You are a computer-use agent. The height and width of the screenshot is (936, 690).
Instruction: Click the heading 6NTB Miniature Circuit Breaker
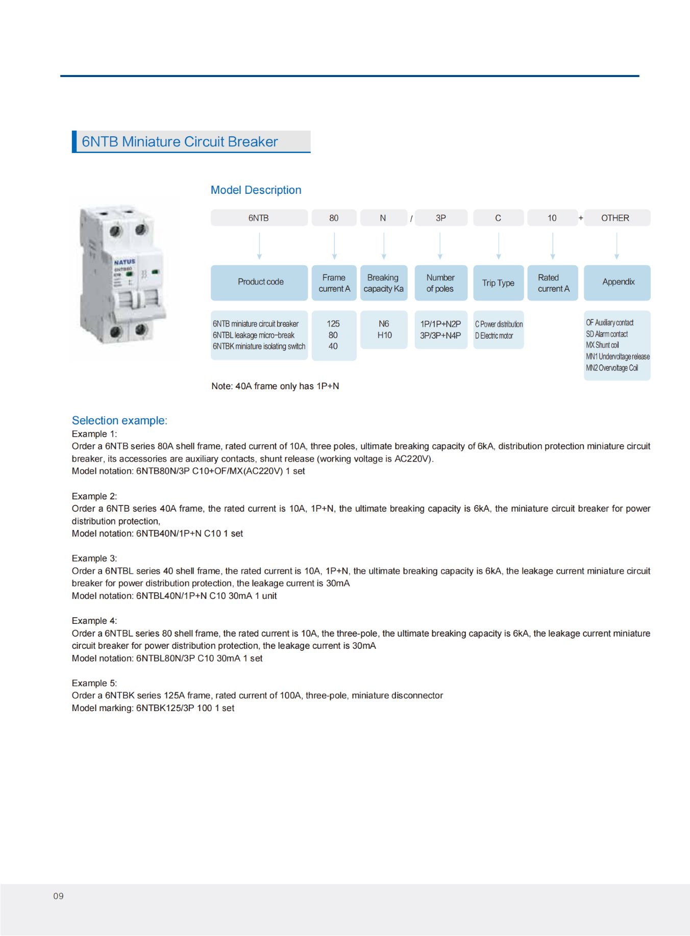point(180,142)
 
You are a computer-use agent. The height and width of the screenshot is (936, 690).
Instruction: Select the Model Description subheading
point(256,190)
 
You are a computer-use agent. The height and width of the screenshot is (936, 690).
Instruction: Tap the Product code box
point(260,282)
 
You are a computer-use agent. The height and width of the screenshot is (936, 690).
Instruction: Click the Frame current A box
point(334,283)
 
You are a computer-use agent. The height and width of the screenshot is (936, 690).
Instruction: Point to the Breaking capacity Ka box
point(384,283)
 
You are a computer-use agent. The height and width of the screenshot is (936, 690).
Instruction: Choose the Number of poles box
point(440,283)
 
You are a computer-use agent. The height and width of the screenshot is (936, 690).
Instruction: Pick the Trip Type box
point(498,283)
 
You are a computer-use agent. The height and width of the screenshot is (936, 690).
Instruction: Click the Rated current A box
point(553,283)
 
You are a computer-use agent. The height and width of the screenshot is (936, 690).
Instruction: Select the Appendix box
point(618,282)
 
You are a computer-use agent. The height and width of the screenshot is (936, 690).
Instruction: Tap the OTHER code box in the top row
point(615,218)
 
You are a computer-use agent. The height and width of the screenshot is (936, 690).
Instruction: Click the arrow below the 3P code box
point(440,246)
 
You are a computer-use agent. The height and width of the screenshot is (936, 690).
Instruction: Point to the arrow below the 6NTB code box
point(259,246)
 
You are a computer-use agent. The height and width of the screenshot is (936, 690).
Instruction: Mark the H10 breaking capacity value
point(384,335)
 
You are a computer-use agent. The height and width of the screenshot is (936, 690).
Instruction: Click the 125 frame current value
point(333,324)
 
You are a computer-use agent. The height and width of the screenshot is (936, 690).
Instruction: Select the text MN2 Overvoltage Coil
point(612,368)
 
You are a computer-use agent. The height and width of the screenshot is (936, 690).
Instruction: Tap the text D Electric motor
point(494,336)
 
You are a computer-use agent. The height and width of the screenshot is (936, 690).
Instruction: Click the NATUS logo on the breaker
point(125,262)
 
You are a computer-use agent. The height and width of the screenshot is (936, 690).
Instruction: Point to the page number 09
point(58,896)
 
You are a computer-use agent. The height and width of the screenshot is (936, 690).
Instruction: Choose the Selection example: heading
point(119,421)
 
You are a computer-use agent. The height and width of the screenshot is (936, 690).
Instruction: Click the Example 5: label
point(94,684)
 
